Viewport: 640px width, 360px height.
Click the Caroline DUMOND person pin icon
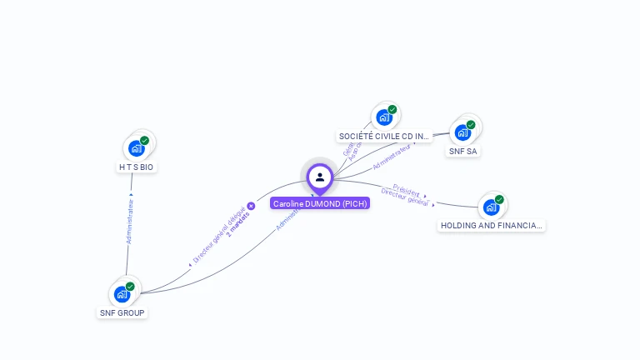click(x=320, y=177)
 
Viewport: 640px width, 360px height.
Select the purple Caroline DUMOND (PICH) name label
click(x=320, y=203)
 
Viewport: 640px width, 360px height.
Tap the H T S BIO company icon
click(x=137, y=148)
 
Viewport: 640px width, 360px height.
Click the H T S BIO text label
click(x=136, y=167)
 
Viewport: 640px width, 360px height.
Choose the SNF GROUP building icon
click(x=122, y=294)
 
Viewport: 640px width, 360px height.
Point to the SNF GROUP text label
click(x=122, y=313)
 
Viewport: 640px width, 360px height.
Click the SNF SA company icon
click(x=462, y=132)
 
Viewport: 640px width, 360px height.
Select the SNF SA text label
click(x=462, y=152)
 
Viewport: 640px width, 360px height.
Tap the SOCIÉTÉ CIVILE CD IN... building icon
click(x=384, y=117)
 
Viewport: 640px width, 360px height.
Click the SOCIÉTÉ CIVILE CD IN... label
click(x=384, y=136)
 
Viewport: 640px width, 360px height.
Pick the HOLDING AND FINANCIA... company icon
click(x=491, y=207)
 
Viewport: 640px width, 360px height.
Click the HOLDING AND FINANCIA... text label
click(x=492, y=225)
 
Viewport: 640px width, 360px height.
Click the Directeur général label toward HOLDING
click(x=404, y=197)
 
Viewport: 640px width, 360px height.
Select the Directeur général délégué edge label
click(x=218, y=236)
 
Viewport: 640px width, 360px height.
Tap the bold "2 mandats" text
click(x=237, y=223)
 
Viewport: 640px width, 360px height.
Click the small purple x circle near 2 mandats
click(x=251, y=206)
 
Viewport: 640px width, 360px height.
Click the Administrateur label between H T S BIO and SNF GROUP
click(x=130, y=221)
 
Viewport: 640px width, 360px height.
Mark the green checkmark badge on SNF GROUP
click(x=130, y=287)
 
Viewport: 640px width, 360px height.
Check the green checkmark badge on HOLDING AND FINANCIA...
click(x=499, y=199)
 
